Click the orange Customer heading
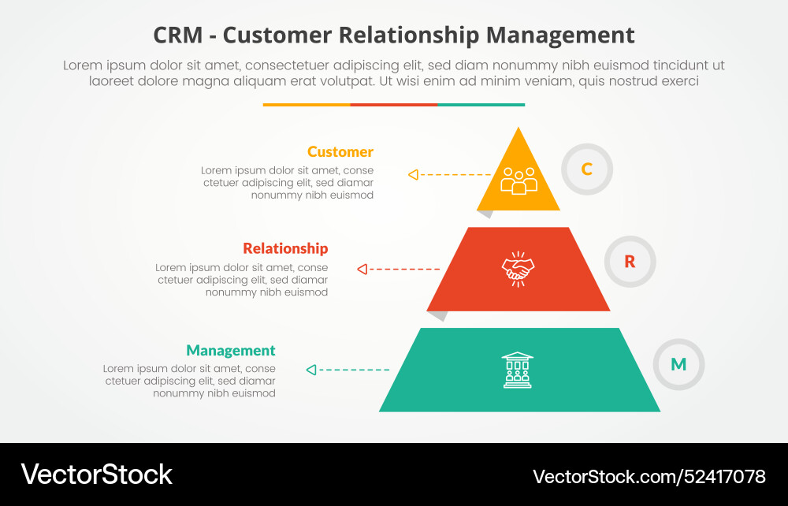340,152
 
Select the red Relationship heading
285,248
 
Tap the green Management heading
231,351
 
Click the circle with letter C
587,169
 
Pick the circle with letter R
630,262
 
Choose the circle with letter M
678,364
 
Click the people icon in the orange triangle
519,180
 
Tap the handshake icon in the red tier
519,269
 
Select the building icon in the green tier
518,370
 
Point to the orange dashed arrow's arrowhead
413,175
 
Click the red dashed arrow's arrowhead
362,270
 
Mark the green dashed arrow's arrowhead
311,370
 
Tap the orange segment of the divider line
307,104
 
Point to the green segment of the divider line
481,104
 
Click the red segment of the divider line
394,104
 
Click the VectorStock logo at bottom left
96,474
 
